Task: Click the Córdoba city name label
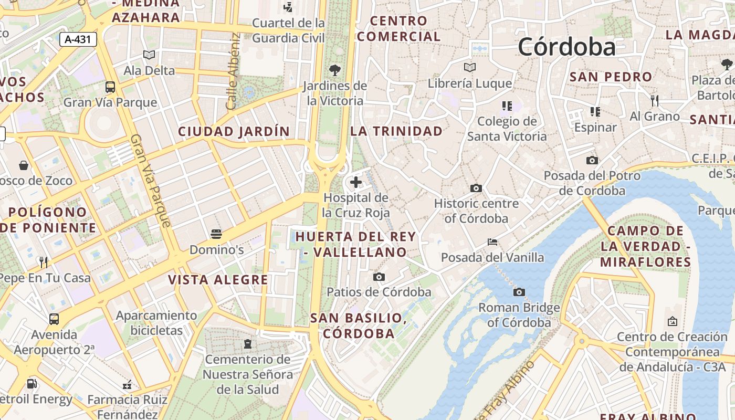pos(566,47)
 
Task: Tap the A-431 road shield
pos(78,39)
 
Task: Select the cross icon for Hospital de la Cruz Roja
pos(356,182)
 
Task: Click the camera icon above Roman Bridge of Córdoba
pos(519,292)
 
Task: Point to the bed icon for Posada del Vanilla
pos(492,242)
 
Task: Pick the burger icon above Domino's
pos(216,234)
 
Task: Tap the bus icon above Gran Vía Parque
pos(110,87)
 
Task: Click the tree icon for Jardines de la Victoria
pos(334,70)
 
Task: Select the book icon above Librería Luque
pos(470,68)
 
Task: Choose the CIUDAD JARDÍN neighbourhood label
pos(234,131)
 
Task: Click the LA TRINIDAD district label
pos(396,131)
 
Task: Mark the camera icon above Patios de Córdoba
pos(379,277)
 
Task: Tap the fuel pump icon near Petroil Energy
pos(32,384)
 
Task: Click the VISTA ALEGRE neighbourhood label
pos(218,280)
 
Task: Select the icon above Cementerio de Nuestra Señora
pos(248,344)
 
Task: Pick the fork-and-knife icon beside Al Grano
pos(654,100)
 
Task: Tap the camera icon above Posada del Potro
pos(592,160)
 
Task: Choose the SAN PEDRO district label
pos(611,77)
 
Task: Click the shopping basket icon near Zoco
pos(24,165)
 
